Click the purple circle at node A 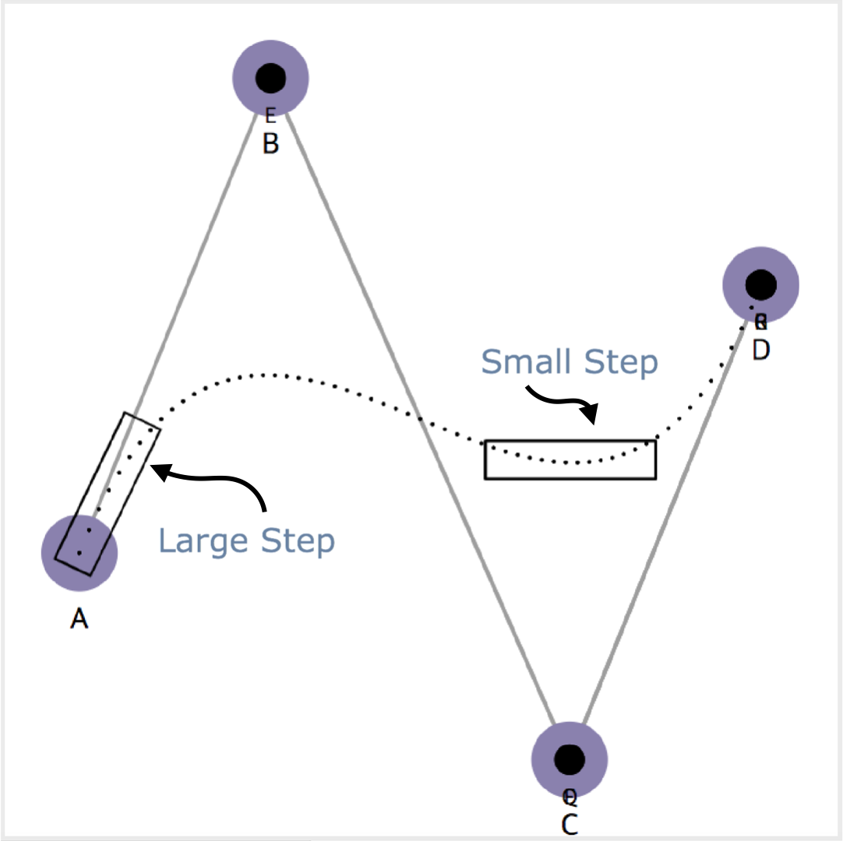(x=79, y=551)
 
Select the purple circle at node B (x=270, y=77)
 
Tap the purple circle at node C (x=570, y=758)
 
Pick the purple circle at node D (x=761, y=284)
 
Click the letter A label (x=79, y=619)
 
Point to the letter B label (x=270, y=144)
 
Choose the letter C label (x=570, y=825)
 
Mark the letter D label (x=761, y=350)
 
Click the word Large (x=203, y=541)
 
